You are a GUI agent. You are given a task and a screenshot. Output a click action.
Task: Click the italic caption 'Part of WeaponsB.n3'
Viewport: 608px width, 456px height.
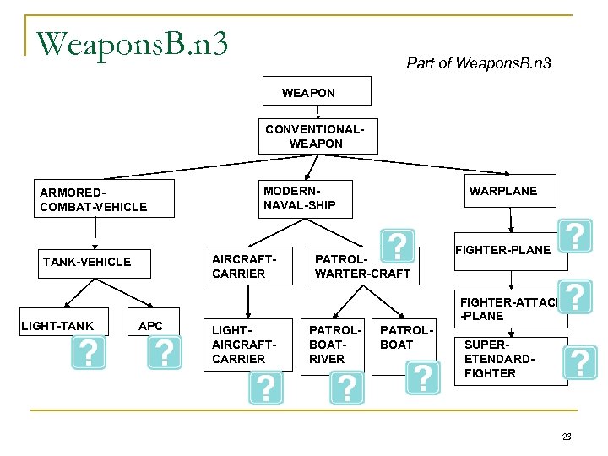coord(479,63)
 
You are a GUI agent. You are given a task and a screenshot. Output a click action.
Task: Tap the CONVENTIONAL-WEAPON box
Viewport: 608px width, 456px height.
coord(316,136)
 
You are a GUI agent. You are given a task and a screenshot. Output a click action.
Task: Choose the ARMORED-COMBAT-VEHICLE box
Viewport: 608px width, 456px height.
coord(103,198)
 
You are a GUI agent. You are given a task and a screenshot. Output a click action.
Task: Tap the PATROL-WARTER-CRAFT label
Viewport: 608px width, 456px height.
coord(361,266)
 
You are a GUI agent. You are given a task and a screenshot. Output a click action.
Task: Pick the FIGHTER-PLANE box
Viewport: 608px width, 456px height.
coord(502,250)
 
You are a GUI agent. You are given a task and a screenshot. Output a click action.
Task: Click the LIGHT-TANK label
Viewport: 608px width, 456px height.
coord(58,326)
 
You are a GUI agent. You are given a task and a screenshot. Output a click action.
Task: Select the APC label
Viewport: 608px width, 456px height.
coord(150,326)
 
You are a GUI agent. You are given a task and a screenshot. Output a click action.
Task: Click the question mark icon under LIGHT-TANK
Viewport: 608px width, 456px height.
coord(89,353)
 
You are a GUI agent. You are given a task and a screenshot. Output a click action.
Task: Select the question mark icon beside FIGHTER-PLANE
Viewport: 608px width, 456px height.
coord(574,236)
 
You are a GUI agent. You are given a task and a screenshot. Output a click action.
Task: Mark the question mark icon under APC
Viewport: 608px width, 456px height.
coord(164,353)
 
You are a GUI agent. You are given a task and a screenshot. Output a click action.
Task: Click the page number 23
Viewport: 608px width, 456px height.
coord(566,437)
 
